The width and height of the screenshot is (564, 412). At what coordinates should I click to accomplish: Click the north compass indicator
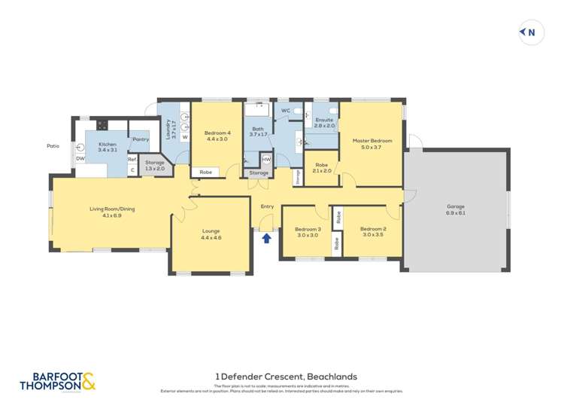[531, 32]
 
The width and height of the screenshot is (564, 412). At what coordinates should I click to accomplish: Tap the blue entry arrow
[265, 239]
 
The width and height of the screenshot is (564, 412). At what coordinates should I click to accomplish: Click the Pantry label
[140, 139]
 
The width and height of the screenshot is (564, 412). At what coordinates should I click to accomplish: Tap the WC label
[285, 111]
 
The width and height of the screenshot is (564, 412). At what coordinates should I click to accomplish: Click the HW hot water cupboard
[266, 160]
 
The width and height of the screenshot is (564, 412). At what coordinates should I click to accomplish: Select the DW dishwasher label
[80, 159]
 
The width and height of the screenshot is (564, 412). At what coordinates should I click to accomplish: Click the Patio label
[53, 146]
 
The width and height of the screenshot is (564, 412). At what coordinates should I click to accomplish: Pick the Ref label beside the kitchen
[132, 159]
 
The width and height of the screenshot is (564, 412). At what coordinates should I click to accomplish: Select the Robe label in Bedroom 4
[205, 172]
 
